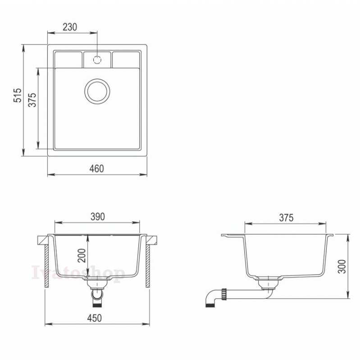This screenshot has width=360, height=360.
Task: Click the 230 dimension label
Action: click(70, 27)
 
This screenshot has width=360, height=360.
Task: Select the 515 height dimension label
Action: click(18, 95)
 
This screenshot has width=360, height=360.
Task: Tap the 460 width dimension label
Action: click(97, 169)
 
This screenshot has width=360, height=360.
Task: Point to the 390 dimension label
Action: click(97, 216)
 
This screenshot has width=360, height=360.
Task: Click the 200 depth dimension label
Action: click(82, 256)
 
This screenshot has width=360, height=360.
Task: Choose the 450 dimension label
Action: click(95, 318)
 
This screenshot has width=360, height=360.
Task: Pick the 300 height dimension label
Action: click(342, 266)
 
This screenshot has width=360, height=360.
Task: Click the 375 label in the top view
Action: click(32, 100)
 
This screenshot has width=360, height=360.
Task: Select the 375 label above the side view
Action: click(286, 218)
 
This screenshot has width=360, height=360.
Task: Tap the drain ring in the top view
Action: click(97, 81)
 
